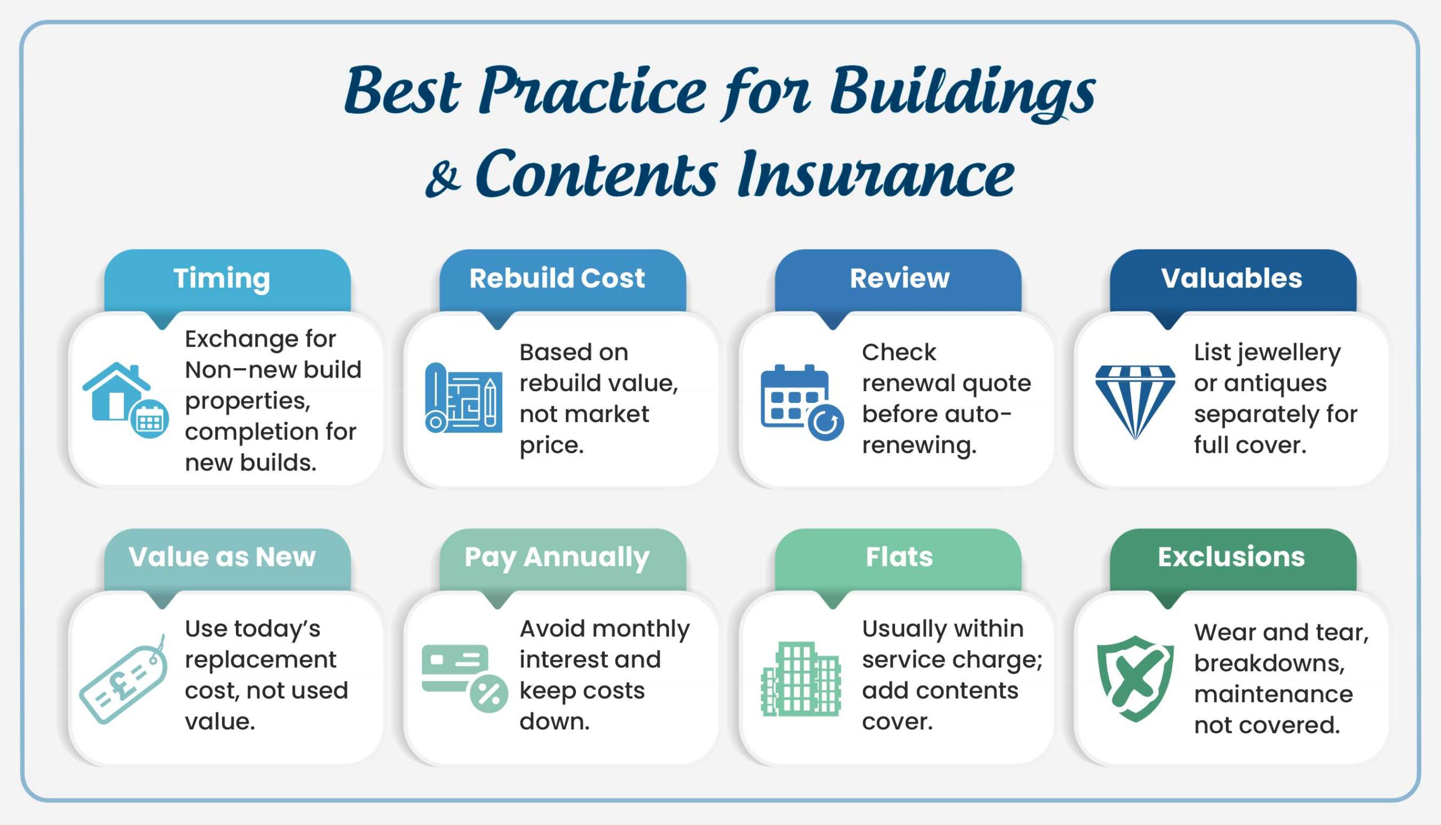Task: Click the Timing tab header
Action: [x=222, y=279]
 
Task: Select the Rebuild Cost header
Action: [x=557, y=279]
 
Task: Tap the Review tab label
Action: [x=899, y=279]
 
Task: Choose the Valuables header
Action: [x=1232, y=279]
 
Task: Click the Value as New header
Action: [x=222, y=557]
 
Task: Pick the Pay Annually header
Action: [x=557, y=557]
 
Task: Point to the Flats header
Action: [x=899, y=557]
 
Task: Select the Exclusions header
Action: [x=1232, y=557]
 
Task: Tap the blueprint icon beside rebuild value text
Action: [x=463, y=398]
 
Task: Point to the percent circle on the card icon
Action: [x=489, y=693]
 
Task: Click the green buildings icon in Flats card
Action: [x=800, y=679]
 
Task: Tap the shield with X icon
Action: [x=1135, y=678]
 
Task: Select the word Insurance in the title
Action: [x=875, y=173]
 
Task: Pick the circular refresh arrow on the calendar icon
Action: [x=826, y=423]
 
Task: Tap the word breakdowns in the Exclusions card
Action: [x=1269, y=663]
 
